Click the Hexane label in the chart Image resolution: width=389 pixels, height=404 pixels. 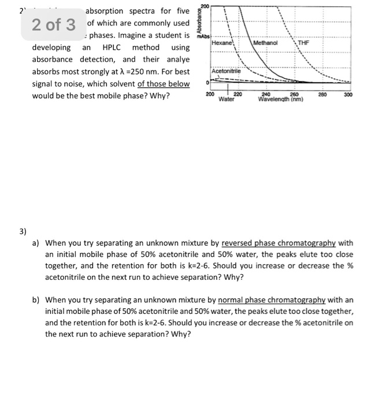222,43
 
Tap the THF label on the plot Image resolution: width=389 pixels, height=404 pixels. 303,43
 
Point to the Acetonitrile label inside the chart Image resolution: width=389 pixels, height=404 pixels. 227,72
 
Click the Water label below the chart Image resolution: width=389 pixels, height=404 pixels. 227,99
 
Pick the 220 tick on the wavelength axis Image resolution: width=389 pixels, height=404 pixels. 238,93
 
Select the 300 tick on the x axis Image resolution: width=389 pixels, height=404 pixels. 347,93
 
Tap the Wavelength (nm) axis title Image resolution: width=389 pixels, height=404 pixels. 281,99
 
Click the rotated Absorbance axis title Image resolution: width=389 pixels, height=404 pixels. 200,19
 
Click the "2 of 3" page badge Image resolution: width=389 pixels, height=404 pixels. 54,25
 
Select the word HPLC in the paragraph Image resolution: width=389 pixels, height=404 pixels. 114,47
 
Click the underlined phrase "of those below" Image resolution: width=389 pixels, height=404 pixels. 163,84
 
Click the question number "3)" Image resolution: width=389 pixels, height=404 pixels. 22,231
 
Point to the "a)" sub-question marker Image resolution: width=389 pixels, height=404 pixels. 36,243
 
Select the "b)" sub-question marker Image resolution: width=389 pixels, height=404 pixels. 36,300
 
